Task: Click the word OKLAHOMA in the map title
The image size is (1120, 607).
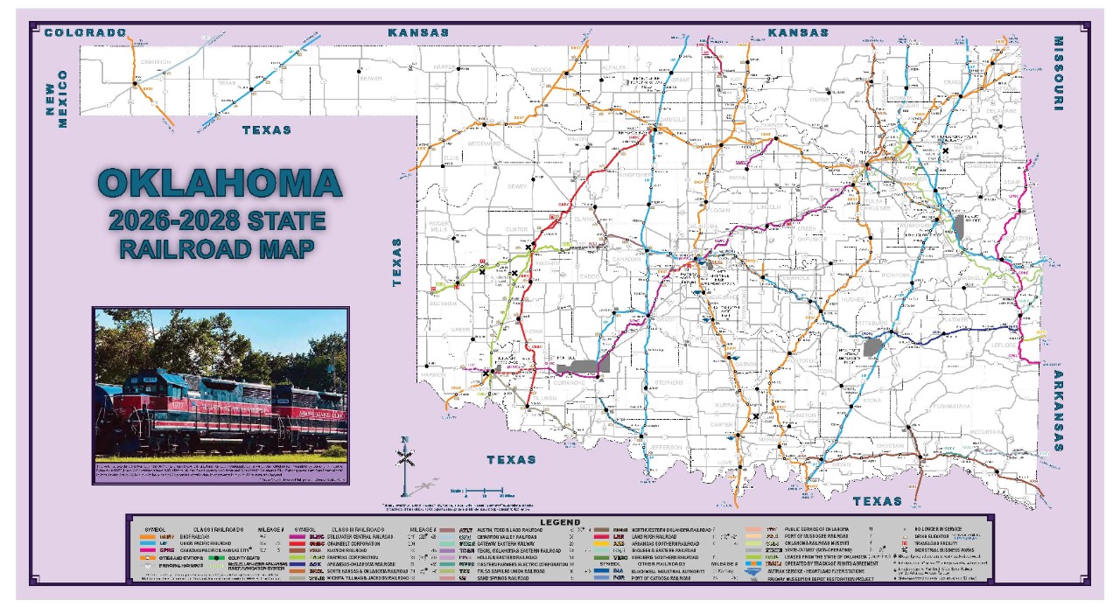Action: point(220,183)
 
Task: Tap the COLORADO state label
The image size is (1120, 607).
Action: point(86,32)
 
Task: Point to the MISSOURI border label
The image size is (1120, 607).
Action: point(1058,73)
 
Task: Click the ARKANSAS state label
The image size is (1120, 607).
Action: point(1058,410)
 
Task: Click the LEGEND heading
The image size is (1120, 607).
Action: point(560,522)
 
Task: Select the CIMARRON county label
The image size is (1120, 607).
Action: point(155,62)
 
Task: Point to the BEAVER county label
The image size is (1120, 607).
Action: point(371,79)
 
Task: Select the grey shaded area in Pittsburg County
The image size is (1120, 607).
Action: point(872,346)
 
